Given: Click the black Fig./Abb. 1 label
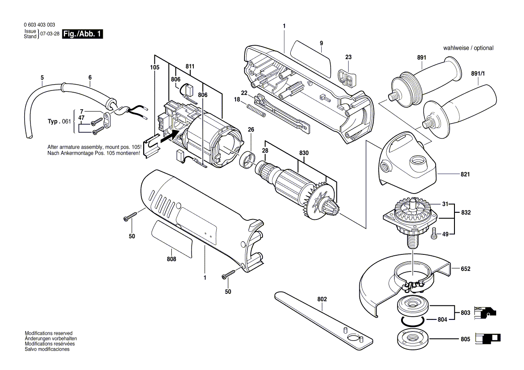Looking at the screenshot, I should [83, 34].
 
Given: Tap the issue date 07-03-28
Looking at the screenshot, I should [49, 34].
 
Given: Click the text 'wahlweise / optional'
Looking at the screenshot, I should [468, 48].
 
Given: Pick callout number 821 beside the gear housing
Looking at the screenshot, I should [465, 174].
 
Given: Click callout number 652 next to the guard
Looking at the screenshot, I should [465, 269].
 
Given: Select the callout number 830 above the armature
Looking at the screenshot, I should [304, 153].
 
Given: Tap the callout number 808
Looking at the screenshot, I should [171, 259].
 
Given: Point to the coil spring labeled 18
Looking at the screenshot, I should [257, 111].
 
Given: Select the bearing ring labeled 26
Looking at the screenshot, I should [247, 160].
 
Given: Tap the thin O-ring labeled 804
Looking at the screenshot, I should [411, 321].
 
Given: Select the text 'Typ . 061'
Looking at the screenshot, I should [59, 121].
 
